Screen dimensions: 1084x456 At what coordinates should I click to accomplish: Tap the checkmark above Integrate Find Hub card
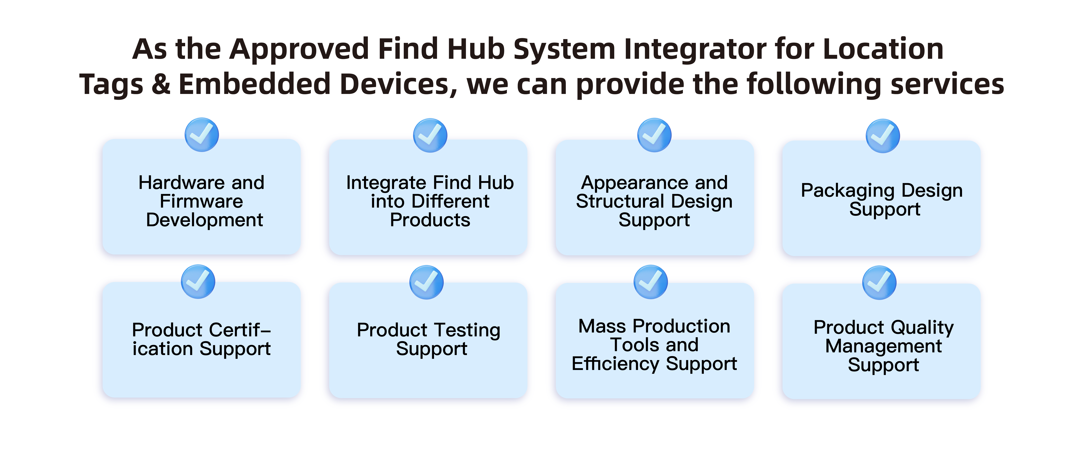(x=430, y=135)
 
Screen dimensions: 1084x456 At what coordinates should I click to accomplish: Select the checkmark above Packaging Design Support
(x=883, y=136)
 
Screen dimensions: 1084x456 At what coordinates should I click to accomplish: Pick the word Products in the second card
(x=430, y=220)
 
